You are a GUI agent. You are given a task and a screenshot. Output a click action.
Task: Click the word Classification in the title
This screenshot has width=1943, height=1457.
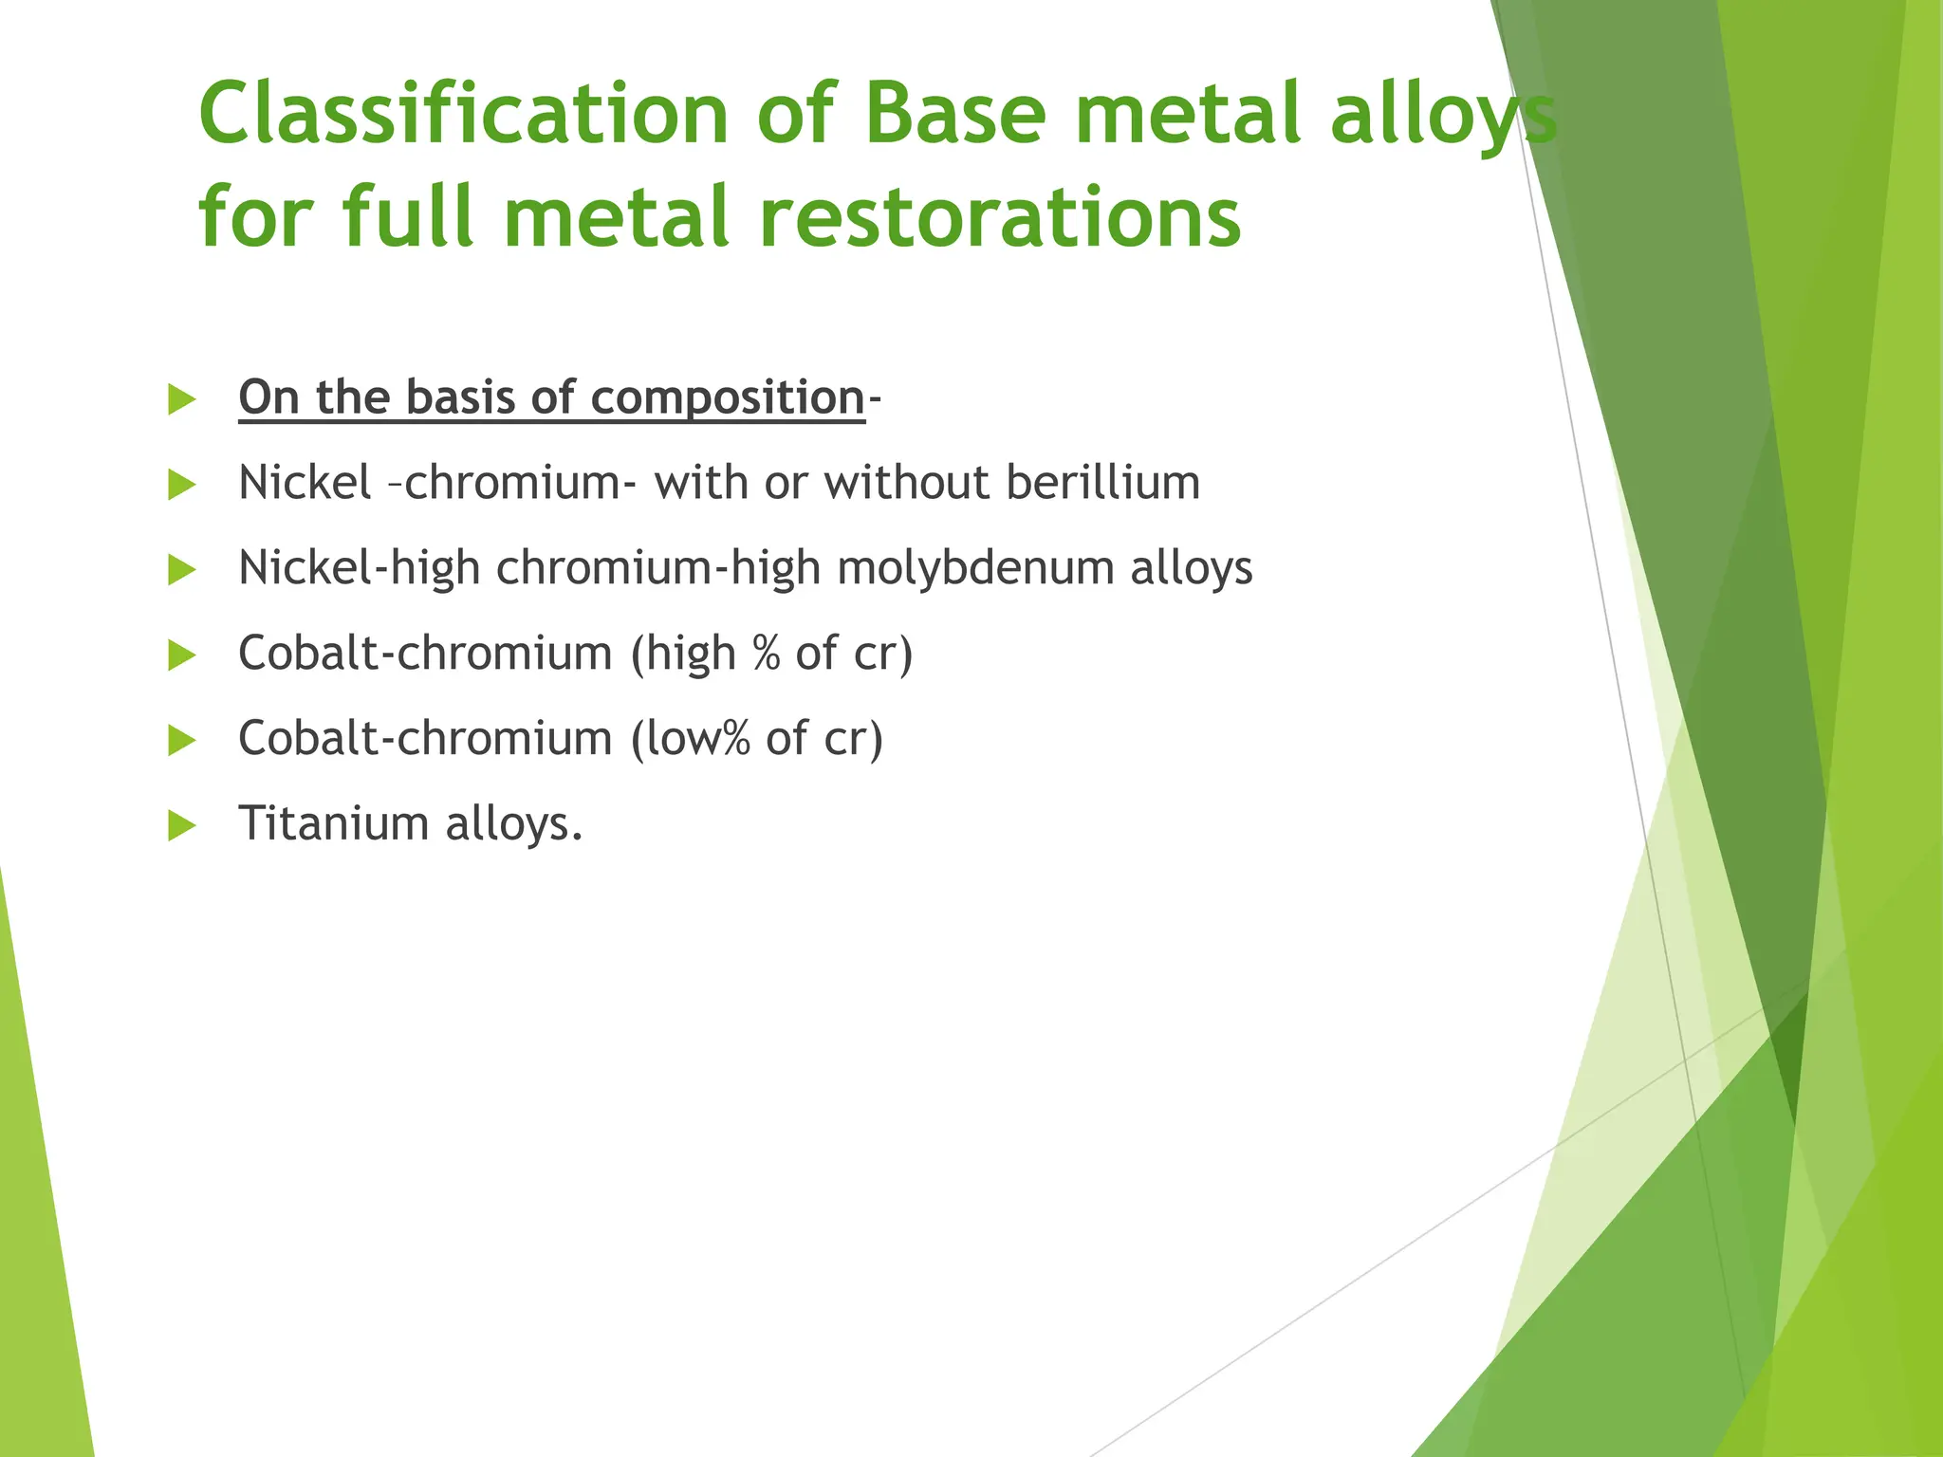click(463, 114)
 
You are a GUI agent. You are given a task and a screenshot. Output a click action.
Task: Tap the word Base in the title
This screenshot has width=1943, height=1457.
click(954, 114)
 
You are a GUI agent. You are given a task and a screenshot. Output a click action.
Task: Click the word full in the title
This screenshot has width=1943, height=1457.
click(407, 218)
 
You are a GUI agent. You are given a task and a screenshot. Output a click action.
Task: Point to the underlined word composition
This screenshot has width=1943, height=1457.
click(728, 397)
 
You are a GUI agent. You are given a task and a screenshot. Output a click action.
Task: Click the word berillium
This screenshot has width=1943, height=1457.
click(1102, 483)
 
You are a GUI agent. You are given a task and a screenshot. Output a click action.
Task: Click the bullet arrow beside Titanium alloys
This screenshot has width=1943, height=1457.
click(181, 825)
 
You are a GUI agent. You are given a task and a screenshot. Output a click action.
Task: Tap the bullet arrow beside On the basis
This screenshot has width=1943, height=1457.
click(181, 399)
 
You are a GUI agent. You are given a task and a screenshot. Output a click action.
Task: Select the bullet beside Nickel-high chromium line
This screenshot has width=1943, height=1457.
click(181, 570)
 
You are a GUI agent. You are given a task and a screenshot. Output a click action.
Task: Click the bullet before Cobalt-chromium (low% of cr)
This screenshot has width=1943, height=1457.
click(181, 740)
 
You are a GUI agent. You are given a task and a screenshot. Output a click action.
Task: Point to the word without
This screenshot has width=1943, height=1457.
click(906, 483)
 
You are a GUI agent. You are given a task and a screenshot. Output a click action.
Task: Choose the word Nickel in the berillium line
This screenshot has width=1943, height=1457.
click(305, 483)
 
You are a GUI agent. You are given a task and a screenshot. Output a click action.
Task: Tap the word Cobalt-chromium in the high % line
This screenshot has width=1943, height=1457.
click(425, 654)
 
